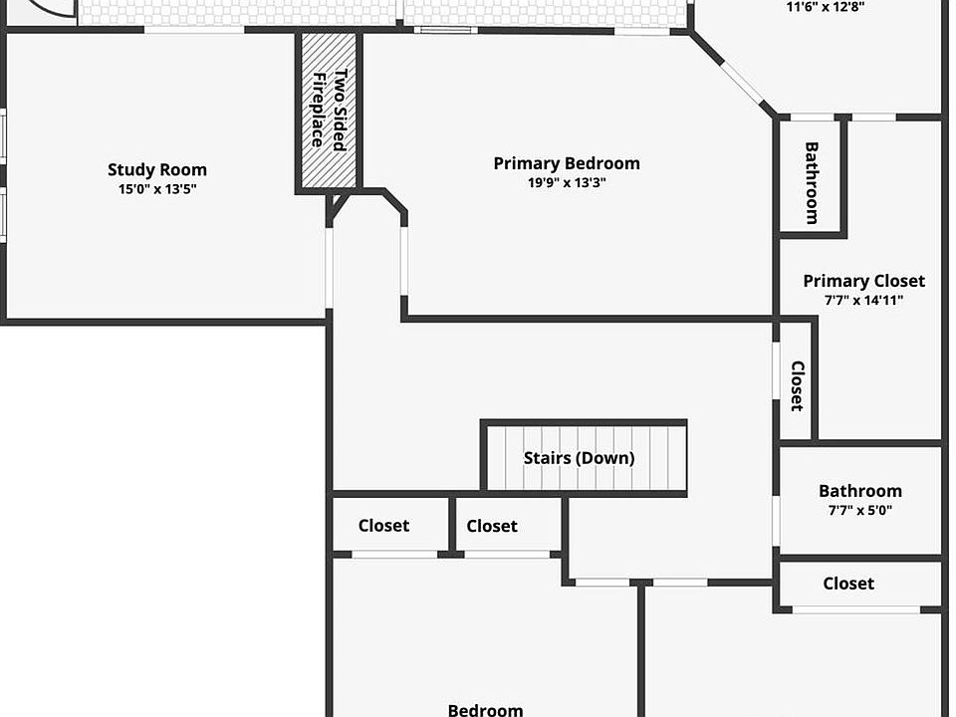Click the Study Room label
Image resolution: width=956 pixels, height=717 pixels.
(157, 169)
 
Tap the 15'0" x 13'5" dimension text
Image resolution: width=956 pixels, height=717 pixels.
(157, 189)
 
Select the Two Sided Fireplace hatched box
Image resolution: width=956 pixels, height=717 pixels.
(329, 111)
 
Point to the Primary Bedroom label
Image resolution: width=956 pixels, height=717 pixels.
(567, 163)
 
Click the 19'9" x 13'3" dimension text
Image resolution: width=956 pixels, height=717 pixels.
(567, 182)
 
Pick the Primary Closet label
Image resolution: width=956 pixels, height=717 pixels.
(864, 281)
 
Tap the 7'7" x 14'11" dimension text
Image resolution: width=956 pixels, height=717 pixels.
(864, 300)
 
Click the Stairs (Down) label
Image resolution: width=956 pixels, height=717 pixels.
(580, 458)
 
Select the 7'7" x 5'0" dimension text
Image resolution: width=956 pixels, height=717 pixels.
(860, 510)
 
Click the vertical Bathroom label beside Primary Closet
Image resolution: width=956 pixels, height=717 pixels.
(812, 183)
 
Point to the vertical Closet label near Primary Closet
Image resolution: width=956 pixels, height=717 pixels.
(798, 386)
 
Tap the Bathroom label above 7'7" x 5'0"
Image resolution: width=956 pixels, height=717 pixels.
(860, 491)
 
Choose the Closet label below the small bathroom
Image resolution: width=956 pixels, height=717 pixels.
(848, 584)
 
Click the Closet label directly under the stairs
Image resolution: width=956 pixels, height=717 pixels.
(492, 526)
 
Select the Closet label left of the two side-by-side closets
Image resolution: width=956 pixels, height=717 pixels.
(383, 525)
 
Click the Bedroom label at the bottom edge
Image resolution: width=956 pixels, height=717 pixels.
(485, 710)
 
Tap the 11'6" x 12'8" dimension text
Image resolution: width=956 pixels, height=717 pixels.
(826, 7)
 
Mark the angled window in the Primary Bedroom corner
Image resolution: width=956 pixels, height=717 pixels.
(742, 83)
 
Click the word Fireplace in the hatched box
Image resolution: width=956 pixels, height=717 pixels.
(318, 111)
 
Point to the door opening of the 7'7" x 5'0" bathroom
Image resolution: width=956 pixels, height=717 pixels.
(776, 521)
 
